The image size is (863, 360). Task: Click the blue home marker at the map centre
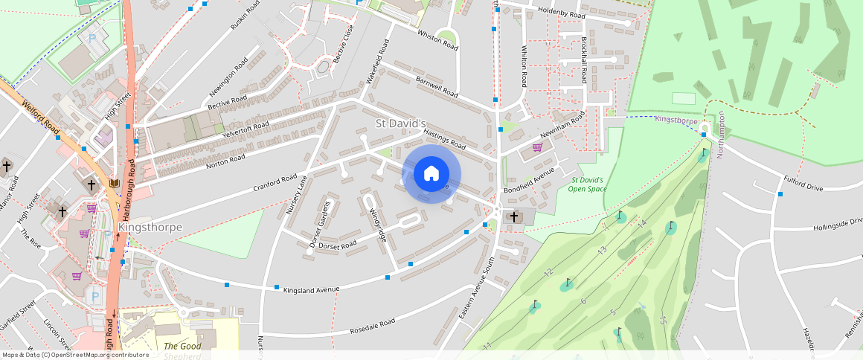tap(431, 174)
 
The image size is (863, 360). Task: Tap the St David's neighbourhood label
tap(400, 123)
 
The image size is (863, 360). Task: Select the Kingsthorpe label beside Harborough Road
tap(150, 227)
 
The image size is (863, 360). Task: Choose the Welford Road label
tap(41, 119)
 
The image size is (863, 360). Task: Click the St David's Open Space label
tap(588, 184)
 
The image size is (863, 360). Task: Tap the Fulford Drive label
tap(803, 183)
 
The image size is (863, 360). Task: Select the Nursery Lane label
tap(297, 195)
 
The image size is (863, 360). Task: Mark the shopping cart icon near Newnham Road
tap(537, 147)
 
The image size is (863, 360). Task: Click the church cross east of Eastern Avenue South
tap(513, 216)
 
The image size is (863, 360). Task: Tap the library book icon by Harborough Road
tap(114, 183)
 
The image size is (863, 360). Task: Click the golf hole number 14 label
tap(641, 224)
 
